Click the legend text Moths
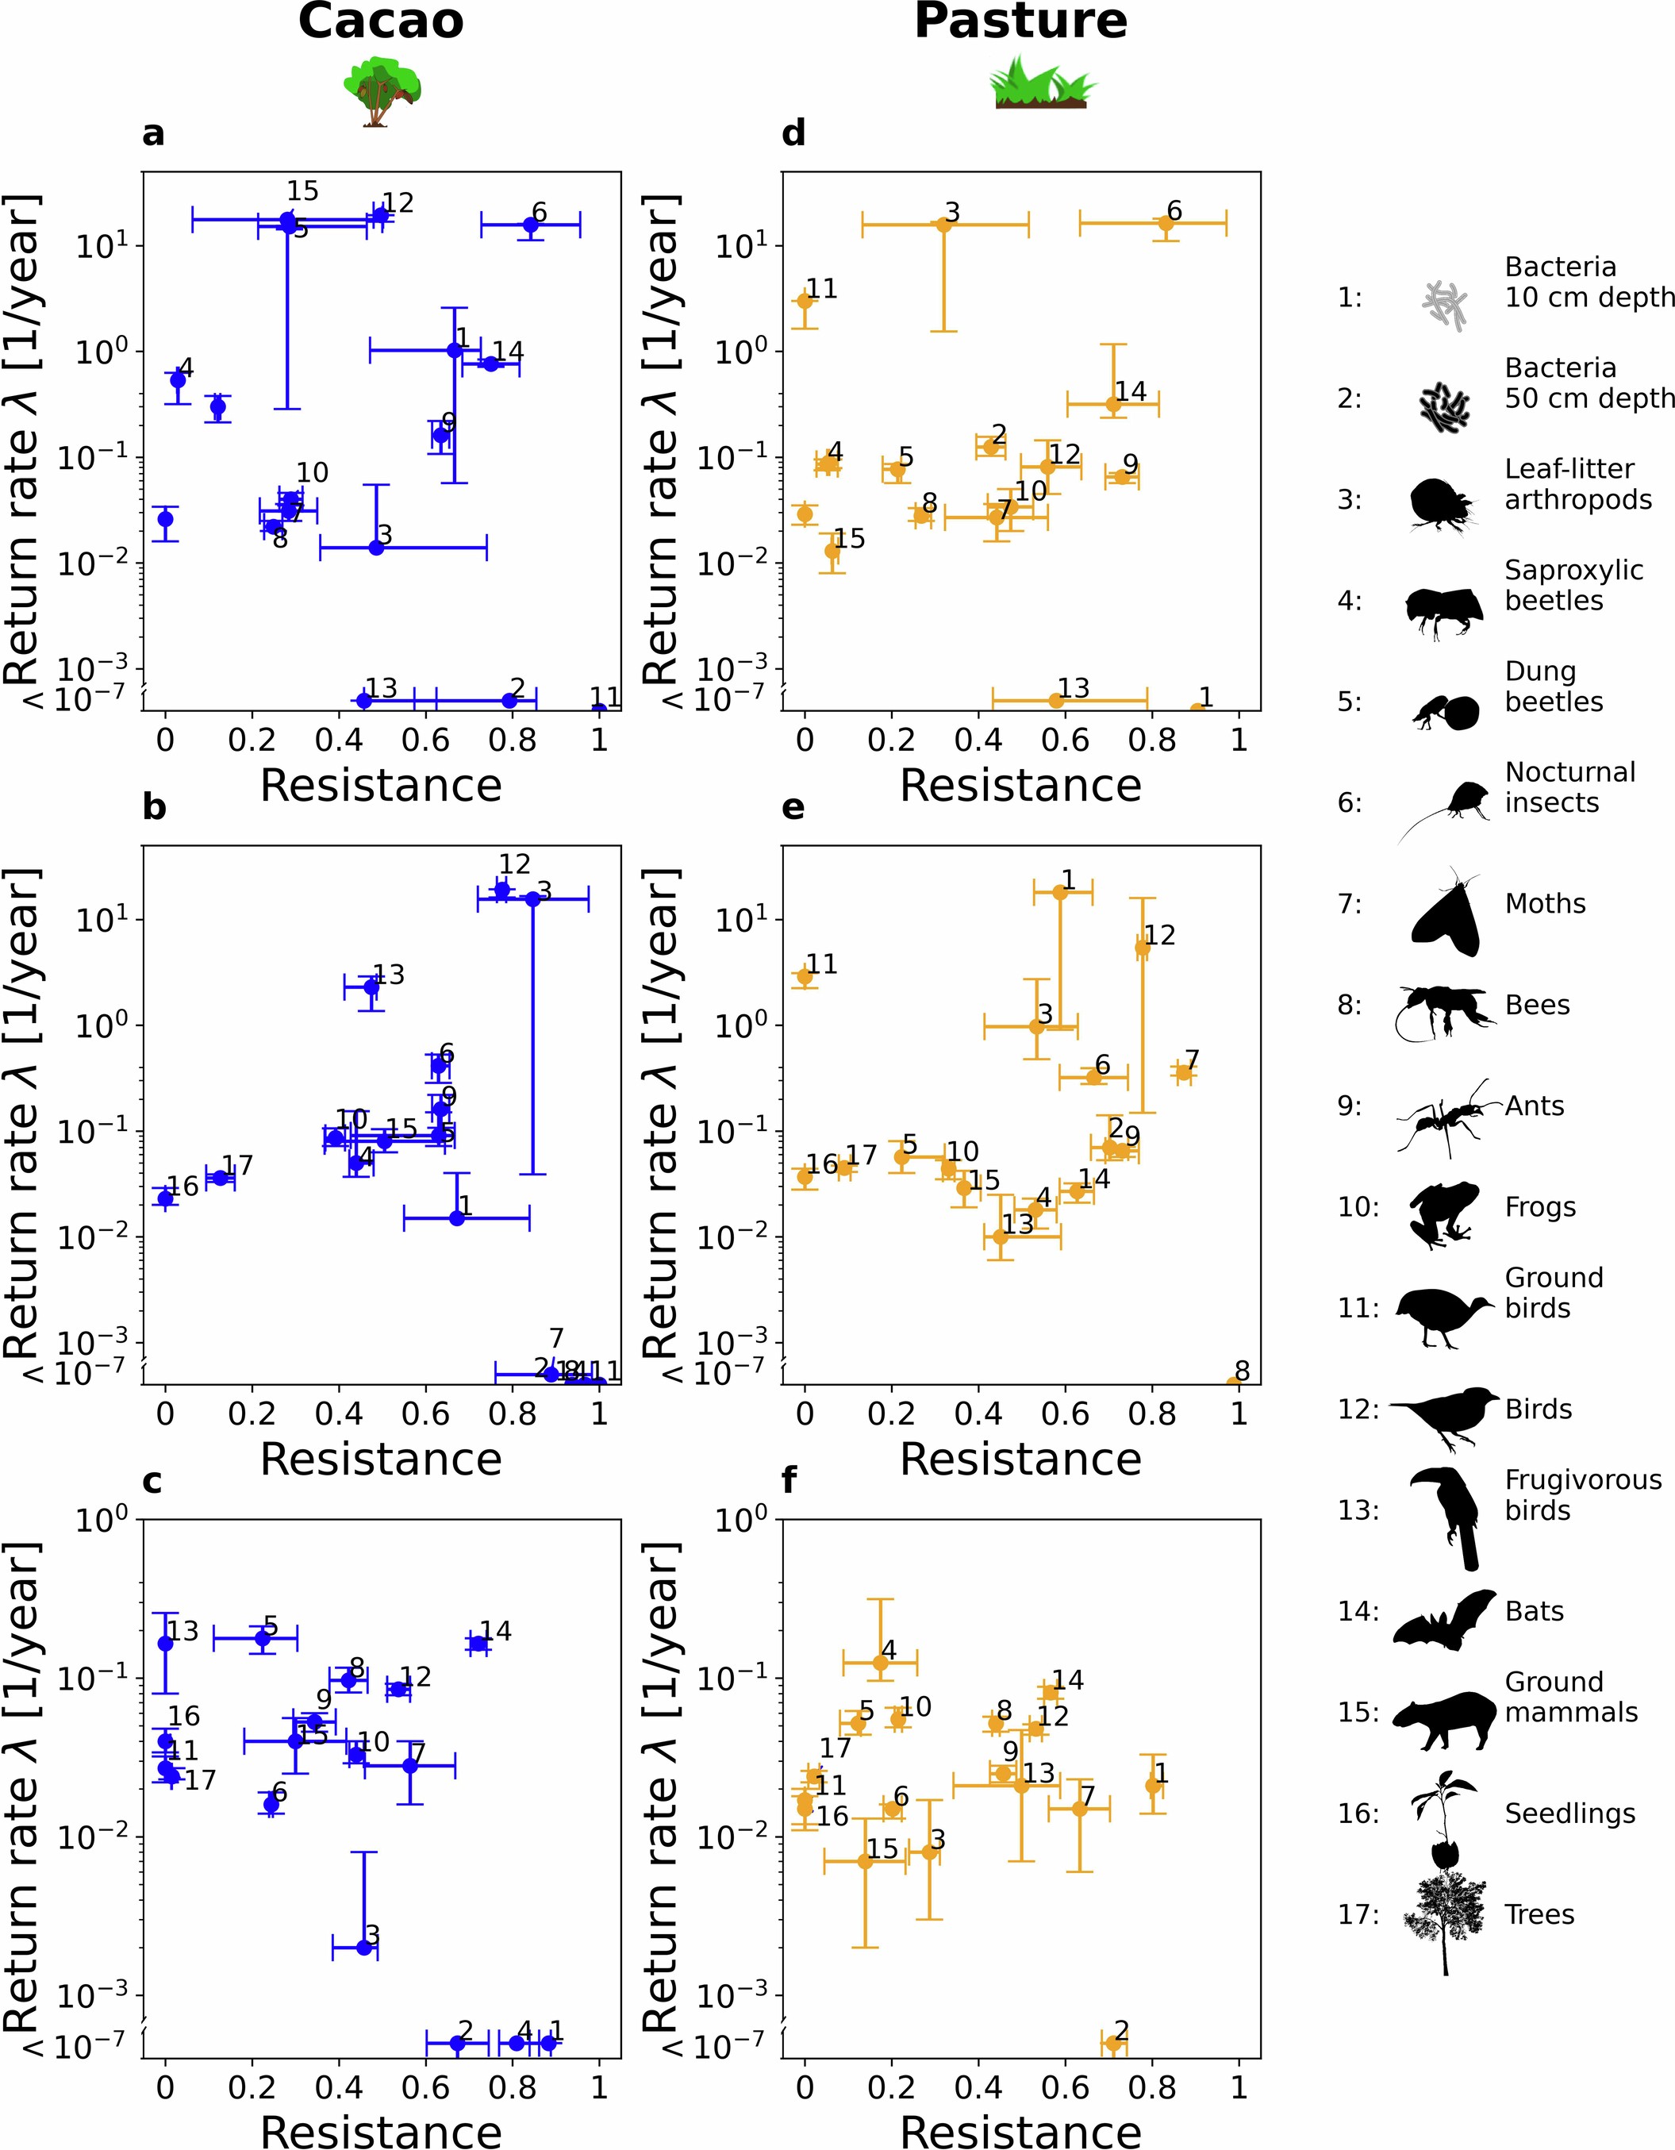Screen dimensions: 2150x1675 point(1545,904)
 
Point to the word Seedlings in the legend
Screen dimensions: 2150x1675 point(1569,1813)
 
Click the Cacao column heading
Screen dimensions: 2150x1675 point(381,21)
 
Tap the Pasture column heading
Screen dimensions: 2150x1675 point(1020,21)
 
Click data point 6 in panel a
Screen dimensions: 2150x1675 point(531,225)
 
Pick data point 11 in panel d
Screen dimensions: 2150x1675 point(805,300)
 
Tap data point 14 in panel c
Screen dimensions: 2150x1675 point(478,1643)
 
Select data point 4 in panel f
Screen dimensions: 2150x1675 point(881,1663)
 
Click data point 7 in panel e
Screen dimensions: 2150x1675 point(1184,1072)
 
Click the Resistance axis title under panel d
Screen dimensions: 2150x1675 point(1020,786)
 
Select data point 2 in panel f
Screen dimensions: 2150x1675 point(1113,2043)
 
